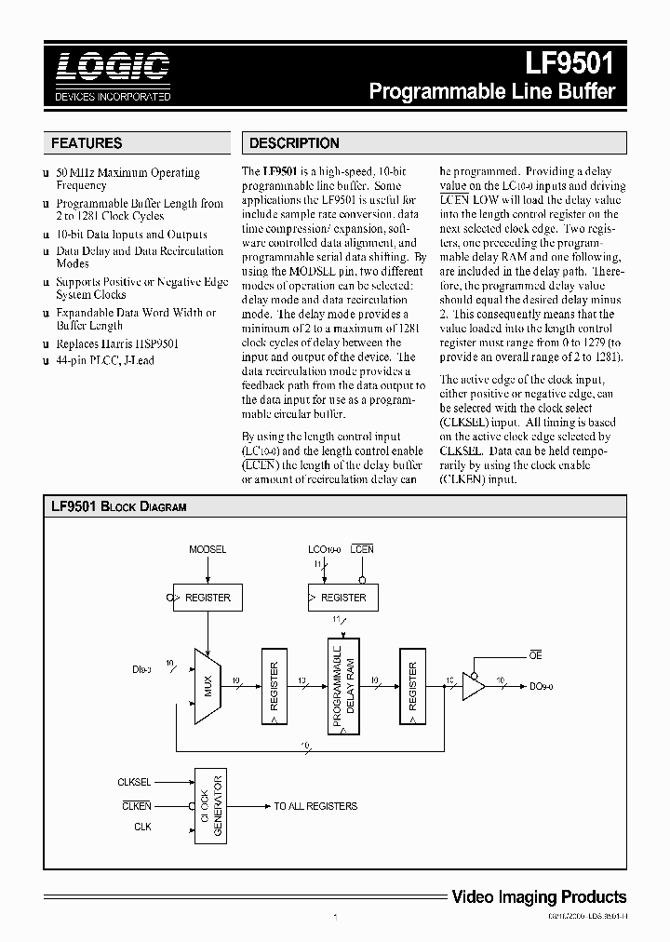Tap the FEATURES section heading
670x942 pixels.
tap(87, 143)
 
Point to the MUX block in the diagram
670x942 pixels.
tap(208, 686)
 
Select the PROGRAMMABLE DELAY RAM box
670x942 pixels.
tap(343, 685)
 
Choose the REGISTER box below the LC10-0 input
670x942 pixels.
tap(342, 598)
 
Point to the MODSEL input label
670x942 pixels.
tap(208, 550)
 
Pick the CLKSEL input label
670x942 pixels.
tap(135, 783)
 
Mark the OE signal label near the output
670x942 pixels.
tap(536, 656)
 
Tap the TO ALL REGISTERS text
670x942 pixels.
tap(315, 806)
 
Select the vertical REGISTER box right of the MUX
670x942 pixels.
tap(275, 686)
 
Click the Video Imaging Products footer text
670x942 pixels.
tap(539, 897)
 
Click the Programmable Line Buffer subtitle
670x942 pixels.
tap(492, 92)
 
